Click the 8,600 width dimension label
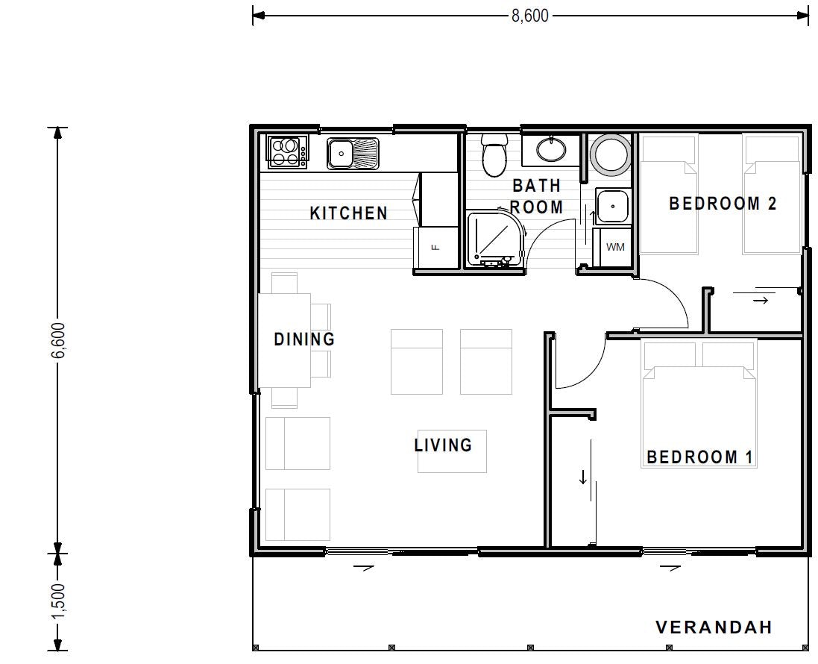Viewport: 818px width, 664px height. (529, 15)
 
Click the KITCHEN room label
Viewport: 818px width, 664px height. (349, 213)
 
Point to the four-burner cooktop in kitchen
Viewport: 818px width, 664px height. (288, 152)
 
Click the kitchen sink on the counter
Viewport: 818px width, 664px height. (353, 154)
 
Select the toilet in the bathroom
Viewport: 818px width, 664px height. (494, 155)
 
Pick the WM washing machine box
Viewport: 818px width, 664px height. (615, 247)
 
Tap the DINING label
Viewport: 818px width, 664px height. (304, 339)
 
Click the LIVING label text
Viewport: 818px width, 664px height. (444, 445)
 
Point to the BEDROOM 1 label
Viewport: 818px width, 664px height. (699, 457)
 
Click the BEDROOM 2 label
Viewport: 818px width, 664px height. (723, 203)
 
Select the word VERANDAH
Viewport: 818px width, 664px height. (714, 627)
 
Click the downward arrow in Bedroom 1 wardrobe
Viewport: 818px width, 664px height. (582, 477)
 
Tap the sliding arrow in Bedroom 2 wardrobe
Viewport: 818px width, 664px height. (760, 301)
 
